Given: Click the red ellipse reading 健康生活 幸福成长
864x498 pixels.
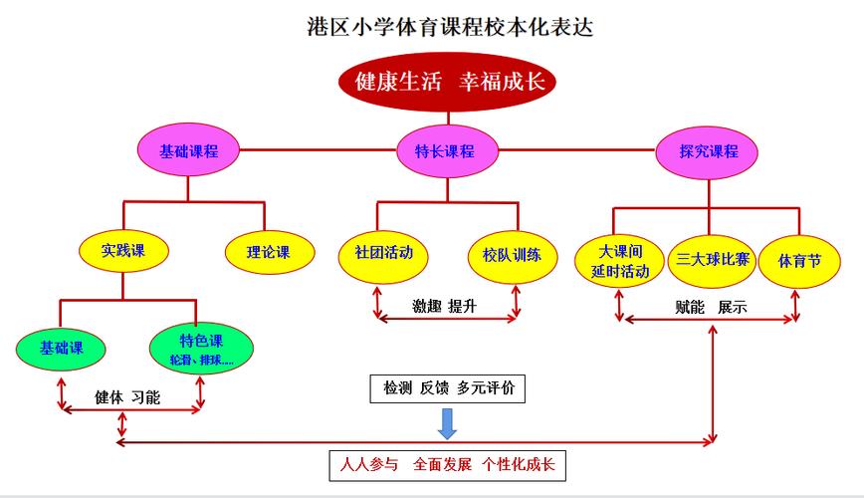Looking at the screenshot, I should point(447,82).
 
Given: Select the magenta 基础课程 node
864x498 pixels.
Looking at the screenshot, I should point(188,151).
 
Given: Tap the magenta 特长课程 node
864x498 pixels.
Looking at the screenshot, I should point(444,151).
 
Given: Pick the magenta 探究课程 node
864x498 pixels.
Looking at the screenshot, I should point(709,151).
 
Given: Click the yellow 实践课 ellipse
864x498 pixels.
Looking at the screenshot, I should point(123,252).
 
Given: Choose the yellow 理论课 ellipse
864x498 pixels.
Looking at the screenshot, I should point(268,252).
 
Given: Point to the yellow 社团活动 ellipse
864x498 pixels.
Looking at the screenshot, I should point(377,253).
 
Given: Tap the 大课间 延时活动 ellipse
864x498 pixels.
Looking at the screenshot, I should point(619,261).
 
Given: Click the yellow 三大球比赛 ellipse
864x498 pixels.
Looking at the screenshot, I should point(713,261).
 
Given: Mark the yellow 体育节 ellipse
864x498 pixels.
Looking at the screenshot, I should point(800,261).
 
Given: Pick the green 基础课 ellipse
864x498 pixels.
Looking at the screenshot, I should point(61,349).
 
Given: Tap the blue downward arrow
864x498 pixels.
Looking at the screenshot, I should point(448,423).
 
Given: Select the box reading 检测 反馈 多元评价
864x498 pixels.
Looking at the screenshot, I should point(449,388).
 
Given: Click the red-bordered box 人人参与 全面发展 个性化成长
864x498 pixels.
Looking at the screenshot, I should point(447,464).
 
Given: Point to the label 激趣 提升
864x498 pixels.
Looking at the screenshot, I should point(444,306).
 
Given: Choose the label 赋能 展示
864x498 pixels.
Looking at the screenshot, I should point(711,307).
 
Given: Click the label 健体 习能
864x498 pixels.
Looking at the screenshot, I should point(127,396).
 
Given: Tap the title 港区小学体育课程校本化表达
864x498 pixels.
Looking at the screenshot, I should point(449,25).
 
